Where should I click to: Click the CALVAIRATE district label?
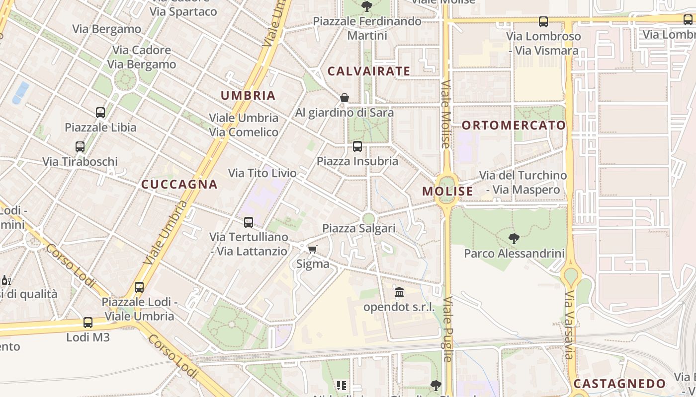coord(369,71)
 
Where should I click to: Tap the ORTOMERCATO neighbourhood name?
coord(514,125)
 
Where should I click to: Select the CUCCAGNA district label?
coord(179,185)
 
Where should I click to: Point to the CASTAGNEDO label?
coord(619,384)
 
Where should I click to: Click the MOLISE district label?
coord(447,191)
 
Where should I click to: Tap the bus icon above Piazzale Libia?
coord(100,113)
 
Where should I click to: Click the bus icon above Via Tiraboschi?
coord(80,147)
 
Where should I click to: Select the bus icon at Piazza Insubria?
coord(357,146)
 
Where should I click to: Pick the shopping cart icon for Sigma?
coord(312,249)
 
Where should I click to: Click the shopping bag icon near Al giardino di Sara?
coord(344,98)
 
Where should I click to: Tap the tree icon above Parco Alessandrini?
coord(514,239)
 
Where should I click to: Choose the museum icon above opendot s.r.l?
coord(399,292)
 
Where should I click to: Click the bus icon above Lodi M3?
coord(88,323)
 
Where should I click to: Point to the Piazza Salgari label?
coord(359,228)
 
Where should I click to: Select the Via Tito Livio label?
coord(262,173)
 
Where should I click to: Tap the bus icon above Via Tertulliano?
coord(249,222)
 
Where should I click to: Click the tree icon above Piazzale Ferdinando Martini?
coord(367,6)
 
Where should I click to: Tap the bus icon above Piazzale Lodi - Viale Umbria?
coord(139,287)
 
